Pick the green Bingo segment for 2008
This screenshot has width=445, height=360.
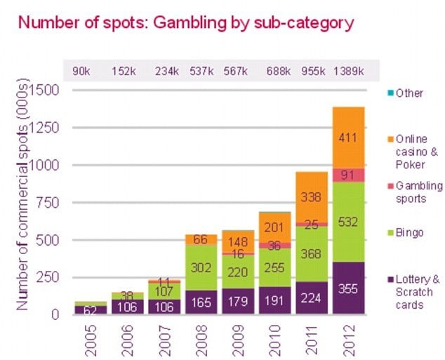pyautogui.click(x=201, y=267)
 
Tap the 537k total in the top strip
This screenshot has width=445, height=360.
pyautogui.click(x=202, y=71)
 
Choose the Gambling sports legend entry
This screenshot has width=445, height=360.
pyautogui.click(x=420, y=192)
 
